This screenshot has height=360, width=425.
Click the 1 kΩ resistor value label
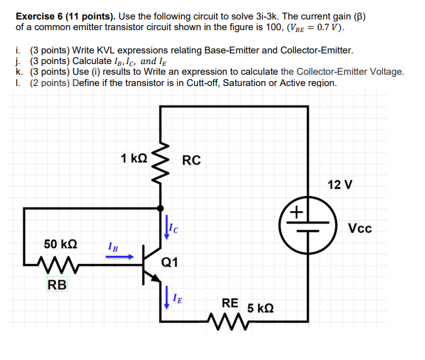click(134, 159)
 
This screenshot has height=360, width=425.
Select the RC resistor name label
click(191, 160)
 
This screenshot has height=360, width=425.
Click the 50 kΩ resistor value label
click(60, 244)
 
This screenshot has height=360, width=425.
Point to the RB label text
click(57, 285)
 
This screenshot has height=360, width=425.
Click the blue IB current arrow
click(119, 256)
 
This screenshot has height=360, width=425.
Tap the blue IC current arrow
click(167, 228)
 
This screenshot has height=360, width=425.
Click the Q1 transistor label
click(170, 263)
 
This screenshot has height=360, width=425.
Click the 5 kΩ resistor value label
click(260, 308)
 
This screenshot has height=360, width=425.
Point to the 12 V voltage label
click(340, 185)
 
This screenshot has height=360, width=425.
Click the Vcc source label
click(360, 228)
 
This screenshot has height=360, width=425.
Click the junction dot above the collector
click(162, 208)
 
